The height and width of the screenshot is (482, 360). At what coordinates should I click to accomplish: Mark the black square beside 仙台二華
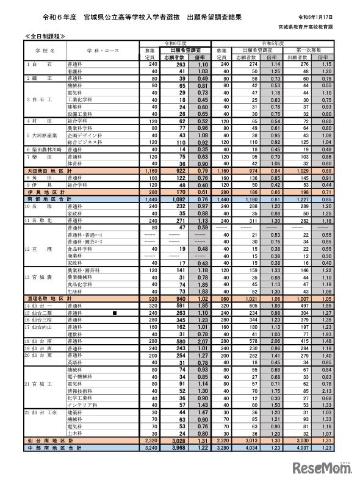pos(115,312)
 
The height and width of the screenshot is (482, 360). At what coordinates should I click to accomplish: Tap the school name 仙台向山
pos(41,326)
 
